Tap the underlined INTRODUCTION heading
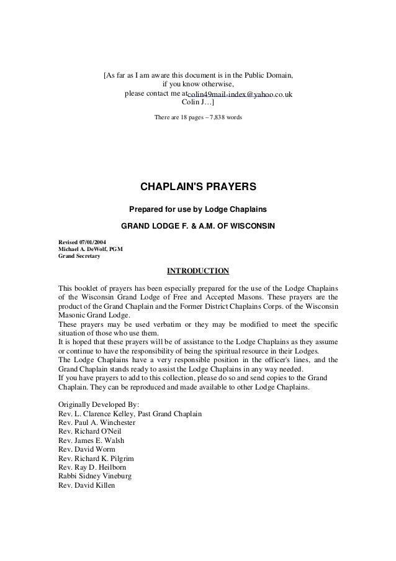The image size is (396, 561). [198, 271]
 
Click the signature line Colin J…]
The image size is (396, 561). [198, 103]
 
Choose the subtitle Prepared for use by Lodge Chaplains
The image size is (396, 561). [198, 208]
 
